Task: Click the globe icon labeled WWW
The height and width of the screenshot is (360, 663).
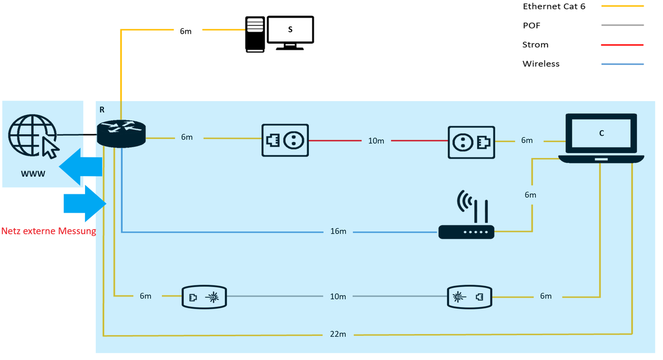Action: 32,135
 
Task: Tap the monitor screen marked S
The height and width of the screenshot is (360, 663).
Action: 290,30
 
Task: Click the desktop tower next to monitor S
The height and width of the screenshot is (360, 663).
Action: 255,34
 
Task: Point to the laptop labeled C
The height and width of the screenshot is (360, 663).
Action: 601,138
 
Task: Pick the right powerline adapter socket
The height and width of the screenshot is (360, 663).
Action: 471,141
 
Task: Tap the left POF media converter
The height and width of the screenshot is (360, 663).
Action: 204,297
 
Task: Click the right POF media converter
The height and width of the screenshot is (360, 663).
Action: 469,297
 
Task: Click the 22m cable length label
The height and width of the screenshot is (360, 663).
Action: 338,335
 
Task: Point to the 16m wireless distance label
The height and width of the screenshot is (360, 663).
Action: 338,231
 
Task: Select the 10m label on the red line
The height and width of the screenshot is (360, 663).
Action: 376,141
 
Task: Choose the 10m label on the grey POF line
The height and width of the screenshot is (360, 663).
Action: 338,297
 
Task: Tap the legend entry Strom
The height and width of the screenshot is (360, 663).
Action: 535,45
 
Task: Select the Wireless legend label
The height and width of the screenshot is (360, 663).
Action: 541,64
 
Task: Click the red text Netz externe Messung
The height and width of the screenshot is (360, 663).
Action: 49,231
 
